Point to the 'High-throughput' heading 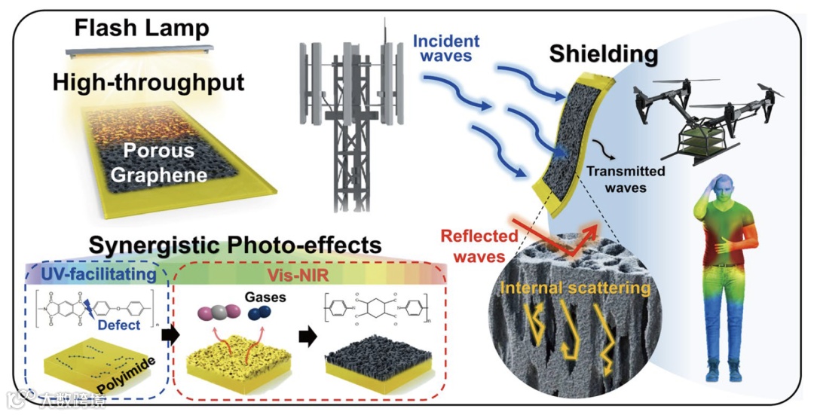(148, 81)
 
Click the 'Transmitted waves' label (626, 179)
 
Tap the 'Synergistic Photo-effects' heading (235, 246)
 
